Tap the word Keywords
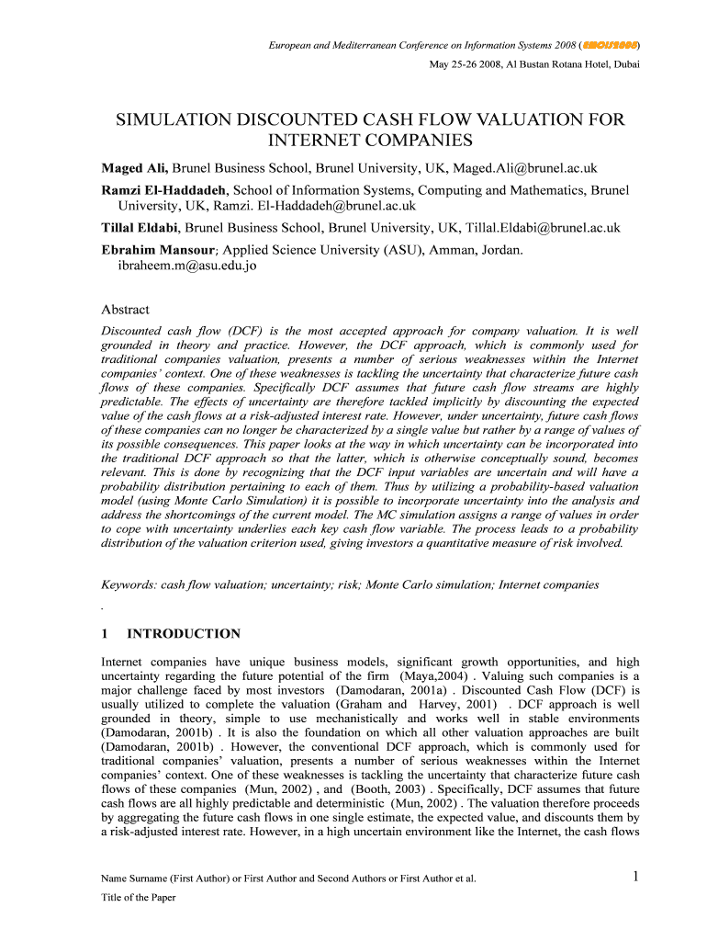pos(127,584)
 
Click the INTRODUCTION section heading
pos(183,634)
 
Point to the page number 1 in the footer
pos(635,877)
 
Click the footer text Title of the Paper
pos(138,898)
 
